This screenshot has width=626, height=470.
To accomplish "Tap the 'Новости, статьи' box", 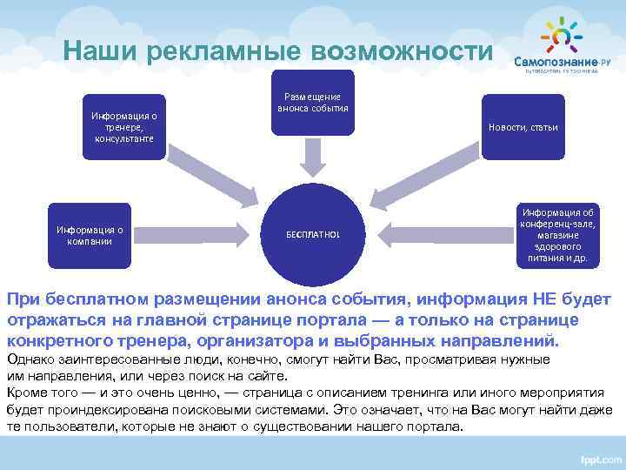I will [523, 127].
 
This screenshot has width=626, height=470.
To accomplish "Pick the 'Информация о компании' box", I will [90, 234].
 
